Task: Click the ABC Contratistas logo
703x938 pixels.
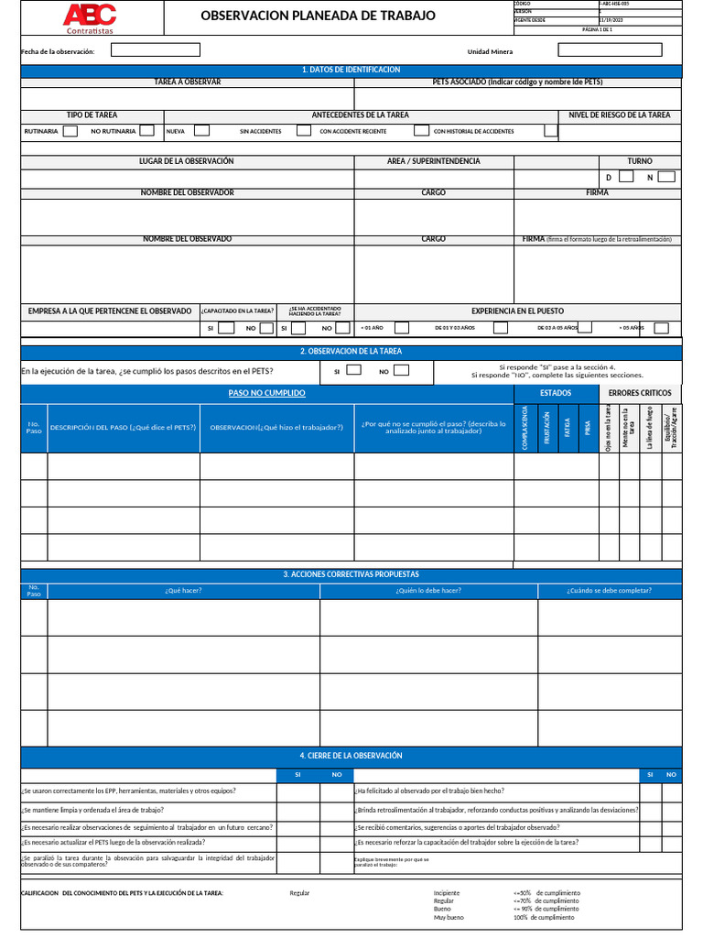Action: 90,17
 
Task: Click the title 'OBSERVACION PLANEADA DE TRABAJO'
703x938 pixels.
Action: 319,16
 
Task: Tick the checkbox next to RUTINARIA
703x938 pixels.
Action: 70,131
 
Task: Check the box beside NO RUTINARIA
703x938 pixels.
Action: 148,131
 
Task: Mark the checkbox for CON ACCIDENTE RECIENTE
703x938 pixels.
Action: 421,131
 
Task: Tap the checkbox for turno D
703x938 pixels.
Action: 626,177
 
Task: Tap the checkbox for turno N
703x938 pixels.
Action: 666,177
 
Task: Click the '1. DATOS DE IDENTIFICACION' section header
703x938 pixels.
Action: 351,70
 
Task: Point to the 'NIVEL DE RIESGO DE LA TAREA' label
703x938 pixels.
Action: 620,115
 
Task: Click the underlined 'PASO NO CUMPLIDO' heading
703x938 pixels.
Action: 266,393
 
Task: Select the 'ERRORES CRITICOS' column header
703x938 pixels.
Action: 640,393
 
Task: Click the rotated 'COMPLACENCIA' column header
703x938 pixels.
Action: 525,428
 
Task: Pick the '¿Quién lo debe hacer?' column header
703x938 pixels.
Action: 428,591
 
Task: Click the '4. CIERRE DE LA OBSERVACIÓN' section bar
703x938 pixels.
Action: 351,756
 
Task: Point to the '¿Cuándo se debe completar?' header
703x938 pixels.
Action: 609,591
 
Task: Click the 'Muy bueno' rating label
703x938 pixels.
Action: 449,917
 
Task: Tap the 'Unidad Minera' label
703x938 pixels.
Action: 490,51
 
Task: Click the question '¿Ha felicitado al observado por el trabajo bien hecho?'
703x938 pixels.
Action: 429,791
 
